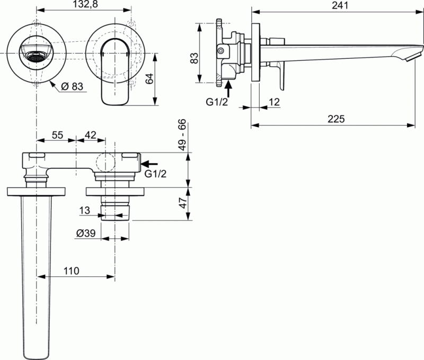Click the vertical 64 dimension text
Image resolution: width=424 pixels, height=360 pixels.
(149, 78)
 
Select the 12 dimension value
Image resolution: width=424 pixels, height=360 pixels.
(275, 102)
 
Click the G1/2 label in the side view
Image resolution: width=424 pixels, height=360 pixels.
(217, 102)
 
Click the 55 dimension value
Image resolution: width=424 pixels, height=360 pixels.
(57, 136)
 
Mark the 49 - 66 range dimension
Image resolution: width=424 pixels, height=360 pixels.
(182, 136)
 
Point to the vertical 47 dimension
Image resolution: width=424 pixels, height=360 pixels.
(182, 203)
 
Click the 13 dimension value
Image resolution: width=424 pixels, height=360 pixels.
(85, 210)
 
